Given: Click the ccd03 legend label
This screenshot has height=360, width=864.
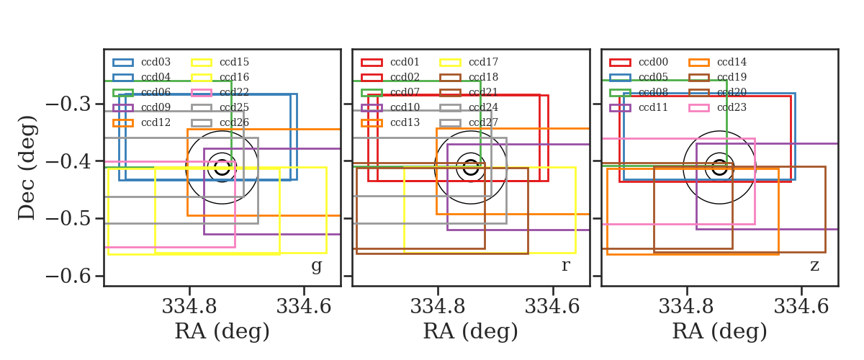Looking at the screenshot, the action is point(156,62).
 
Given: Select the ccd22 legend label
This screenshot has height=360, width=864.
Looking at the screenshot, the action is point(234,92).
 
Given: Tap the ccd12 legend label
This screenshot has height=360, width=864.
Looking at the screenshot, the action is point(156,122).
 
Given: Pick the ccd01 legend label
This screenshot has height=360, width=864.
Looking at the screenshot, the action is point(405,62).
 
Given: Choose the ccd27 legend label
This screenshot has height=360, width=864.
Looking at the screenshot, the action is point(483,122).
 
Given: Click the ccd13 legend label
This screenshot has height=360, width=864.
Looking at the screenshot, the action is point(405,122).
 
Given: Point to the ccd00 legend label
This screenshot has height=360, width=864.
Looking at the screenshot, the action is point(653,62).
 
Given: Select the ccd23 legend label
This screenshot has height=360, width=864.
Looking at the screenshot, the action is point(732,107).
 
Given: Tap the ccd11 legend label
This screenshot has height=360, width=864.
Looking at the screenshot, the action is point(653,107).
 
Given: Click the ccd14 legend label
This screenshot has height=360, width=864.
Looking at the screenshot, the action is point(732,62).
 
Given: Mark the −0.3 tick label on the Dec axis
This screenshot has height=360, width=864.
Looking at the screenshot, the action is point(68,104).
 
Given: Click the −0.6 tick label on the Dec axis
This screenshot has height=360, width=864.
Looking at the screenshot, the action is point(68,276).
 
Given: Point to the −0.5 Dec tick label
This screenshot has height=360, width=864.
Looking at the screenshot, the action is point(68,219).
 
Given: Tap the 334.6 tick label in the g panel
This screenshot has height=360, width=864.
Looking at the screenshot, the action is point(304,307).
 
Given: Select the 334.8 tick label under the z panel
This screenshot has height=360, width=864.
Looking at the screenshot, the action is point(686,307).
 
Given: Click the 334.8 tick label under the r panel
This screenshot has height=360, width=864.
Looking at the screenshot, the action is point(438,307).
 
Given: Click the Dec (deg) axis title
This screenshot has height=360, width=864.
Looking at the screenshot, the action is point(27,168).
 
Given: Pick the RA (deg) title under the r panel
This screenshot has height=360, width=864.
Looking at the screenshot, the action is point(471,331).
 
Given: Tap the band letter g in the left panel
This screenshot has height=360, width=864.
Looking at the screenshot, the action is point(316,266).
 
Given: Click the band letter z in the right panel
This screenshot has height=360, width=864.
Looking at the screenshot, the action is point(814,266).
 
